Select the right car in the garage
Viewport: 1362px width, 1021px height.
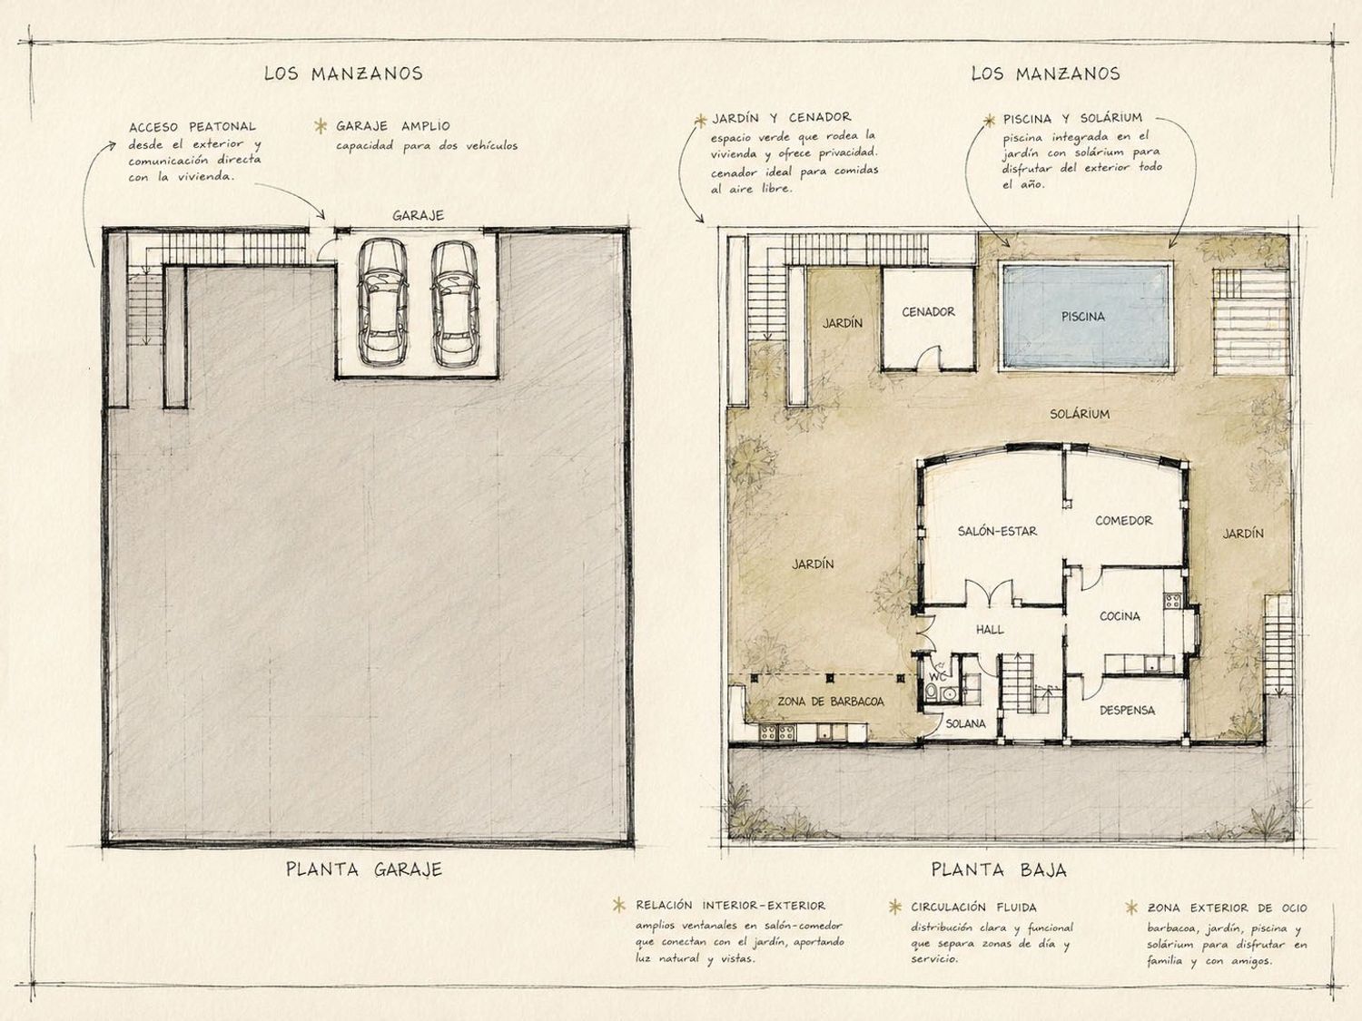pyautogui.click(x=456, y=303)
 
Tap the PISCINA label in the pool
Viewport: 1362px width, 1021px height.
pyautogui.click(x=1082, y=316)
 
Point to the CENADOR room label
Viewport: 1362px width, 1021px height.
pyautogui.click(x=928, y=312)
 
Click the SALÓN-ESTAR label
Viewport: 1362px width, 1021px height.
pyautogui.click(x=997, y=531)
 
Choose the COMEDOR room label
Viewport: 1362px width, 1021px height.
pyautogui.click(x=1124, y=521)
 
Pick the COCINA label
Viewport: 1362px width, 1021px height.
pyautogui.click(x=1120, y=616)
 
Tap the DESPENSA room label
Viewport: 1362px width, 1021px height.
pyautogui.click(x=1128, y=711)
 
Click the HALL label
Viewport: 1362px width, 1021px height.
pyautogui.click(x=990, y=630)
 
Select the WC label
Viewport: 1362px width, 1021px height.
pyautogui.click(x=938, y=677)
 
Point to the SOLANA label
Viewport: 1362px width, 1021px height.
pyautogui.click(x=965, y=723)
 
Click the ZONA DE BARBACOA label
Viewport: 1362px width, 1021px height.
pyautogui.click(x=830, y=702)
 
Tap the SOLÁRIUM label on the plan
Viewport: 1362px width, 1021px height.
pyautogui.click(x=1080, y=414)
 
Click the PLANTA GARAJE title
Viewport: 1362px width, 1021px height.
pyautogui.click(x=364, y=869)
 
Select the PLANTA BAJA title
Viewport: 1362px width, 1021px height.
pyautogui.click(x=999, y=869)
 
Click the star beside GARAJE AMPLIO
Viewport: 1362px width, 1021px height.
pyautogui.click(x=321, y=126)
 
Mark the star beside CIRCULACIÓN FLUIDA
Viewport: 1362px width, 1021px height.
pyautogui.click(x=894, y=907)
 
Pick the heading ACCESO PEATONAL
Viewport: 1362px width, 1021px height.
pyautogui.click(x=192, y=127)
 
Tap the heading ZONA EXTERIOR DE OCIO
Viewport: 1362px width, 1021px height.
pyautogui.click(x=1227, y=908)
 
